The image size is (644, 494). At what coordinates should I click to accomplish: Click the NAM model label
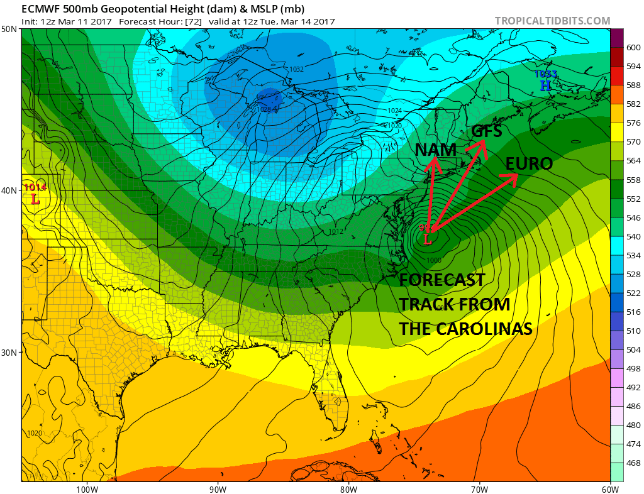pyautogui.click(x=435, y=150)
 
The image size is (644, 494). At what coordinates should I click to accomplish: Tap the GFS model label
pyautogui.click(x=487, y=131)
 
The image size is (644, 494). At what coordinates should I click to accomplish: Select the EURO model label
pyautogui.click(x=529, y=164)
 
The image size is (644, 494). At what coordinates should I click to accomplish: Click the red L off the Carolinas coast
pyautogui.click(x=428, y=239)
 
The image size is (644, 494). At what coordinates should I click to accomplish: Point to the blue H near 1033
pyautogui.click(x=545, y=85)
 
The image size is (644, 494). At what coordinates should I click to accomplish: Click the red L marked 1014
pyautogui.click(x=35, y=199)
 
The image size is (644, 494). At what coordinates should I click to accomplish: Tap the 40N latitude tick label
pyautogui.click(x=9, y=190)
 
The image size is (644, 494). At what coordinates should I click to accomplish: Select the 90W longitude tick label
pyautogui.click(x=218, y=488)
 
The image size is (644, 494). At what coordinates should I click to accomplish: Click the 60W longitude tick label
pyautogui.click(x=609, y=488)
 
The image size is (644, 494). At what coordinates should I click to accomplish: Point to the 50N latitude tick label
pyautogui.click(x=9, y=29)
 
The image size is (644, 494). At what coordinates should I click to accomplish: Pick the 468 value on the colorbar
pyautogui.click(x=630, y=463)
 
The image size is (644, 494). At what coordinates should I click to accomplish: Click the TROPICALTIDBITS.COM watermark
pyautogui.click(x=552, y=21)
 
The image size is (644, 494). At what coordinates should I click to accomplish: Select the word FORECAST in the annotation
pyautogui.click(x=442, y=280)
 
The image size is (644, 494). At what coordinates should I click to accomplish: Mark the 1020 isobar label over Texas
pyautogui.click(x=36, y=433)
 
